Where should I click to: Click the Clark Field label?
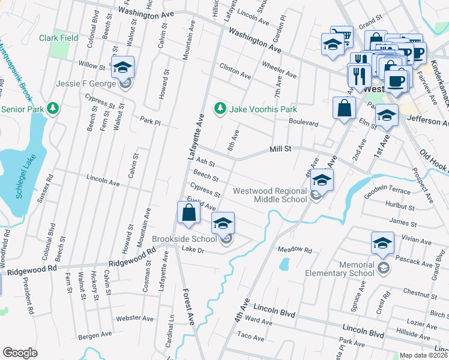pos(59,37)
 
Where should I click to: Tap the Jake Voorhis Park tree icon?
pos(220,109)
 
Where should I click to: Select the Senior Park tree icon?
pos(54,109)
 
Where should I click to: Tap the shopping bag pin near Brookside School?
pos(188,213)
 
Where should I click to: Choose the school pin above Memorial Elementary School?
pos(382,243)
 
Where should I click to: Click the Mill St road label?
pos(280,148)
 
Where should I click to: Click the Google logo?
pos(20,352)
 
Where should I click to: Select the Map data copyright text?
pos(424,355)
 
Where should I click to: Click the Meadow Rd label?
pos(295,249)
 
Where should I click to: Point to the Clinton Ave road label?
pos(235,71)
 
